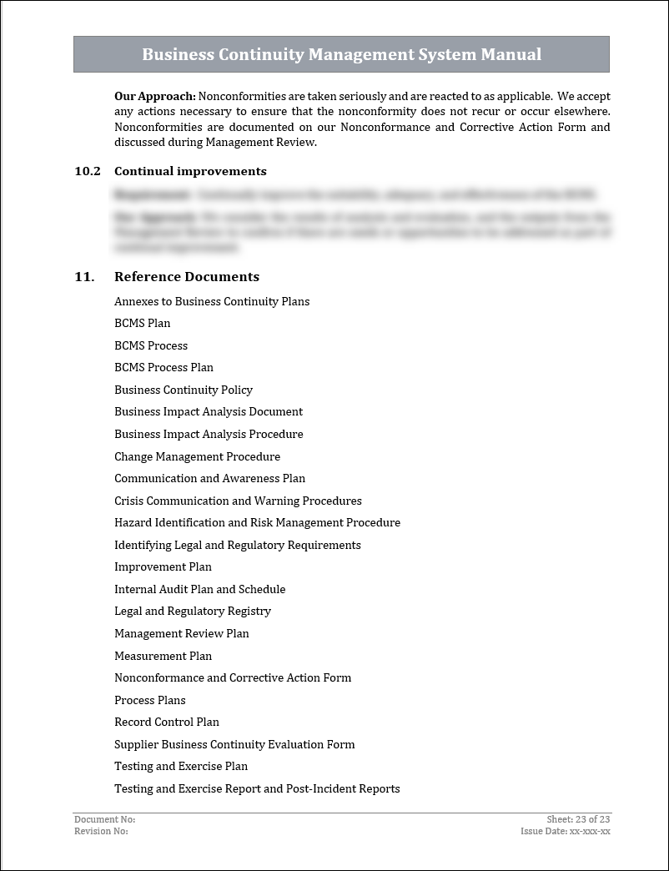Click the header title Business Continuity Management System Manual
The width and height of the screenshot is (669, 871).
(341, 55)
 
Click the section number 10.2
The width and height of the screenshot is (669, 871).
(87, 171)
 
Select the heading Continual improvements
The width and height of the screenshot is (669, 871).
(190, 171)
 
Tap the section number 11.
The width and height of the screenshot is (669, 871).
(83, 277)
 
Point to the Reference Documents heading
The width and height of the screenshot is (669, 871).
(187, 277)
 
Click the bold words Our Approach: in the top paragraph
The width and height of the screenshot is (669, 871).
(155, 97)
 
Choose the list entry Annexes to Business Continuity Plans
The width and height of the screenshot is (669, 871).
(212, 301)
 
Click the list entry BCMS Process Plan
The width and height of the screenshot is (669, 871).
(163, 367)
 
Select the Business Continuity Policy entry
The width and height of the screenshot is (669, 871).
(184, 390)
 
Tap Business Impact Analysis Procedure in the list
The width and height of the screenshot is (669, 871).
(209, 434)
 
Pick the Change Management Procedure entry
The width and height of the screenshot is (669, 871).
(197, 456)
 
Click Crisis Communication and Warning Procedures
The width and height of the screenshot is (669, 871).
(238, 501)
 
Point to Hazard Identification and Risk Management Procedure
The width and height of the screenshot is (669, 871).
(257, 522)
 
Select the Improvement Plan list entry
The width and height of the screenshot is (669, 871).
(163, 566)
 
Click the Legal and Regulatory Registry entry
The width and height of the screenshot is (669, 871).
(193, 611)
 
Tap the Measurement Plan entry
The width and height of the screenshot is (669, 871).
(163, 656)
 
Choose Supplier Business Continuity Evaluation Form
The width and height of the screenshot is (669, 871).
(234, 744)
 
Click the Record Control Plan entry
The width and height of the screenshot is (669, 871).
(167, 722)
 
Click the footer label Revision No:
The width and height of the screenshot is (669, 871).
(101, 831)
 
